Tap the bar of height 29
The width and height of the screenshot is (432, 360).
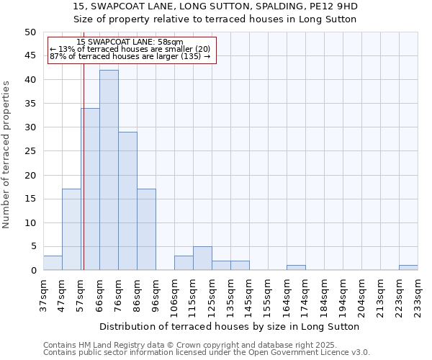(127, 201)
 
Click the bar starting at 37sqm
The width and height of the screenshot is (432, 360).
(53, 263)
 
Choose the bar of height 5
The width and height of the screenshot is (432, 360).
(202, 258)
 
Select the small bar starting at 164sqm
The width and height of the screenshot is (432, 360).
(296, 268)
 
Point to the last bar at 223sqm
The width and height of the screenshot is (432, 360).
(408, 268)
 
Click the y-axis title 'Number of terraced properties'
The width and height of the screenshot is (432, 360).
(7, 154)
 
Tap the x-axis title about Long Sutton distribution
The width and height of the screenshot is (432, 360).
(229, 326)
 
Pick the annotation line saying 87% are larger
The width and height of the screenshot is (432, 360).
(130, 56)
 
